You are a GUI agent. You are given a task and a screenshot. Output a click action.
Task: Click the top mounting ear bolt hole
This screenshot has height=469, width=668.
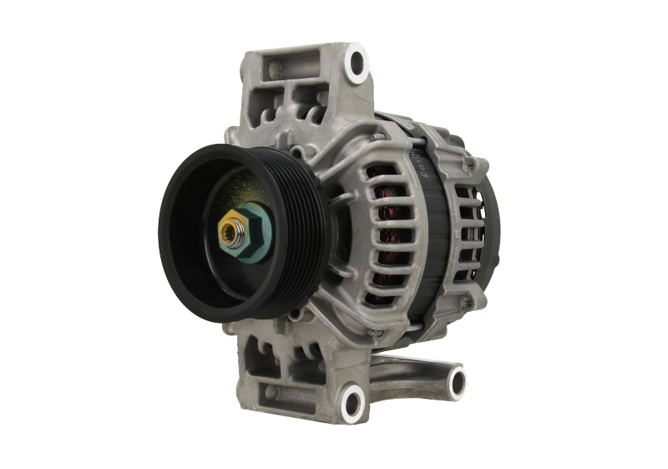[357, 61]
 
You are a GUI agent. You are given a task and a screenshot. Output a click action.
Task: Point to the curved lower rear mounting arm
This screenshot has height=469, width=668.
[417, 368]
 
